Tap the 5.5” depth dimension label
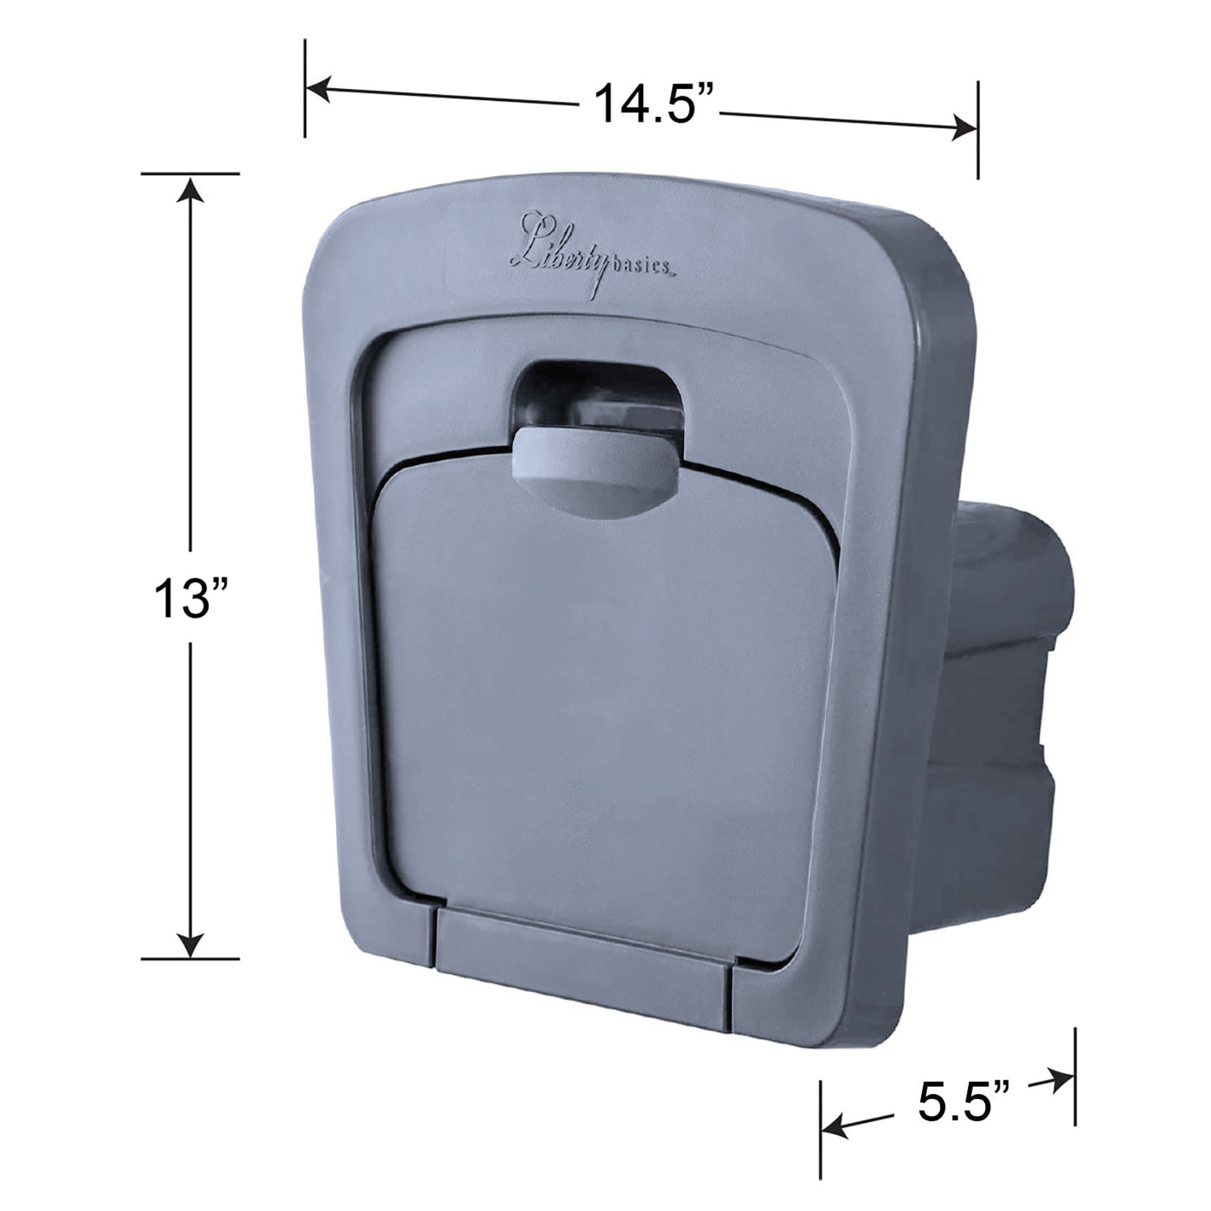pyautogui.click(x=964, y=1101)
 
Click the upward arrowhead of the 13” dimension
pyautogui.click(x=191, y=190)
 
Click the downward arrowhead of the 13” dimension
pyautogui.click(x=191, y=945)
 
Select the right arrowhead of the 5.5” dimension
pyautogui.click(x=1061, y=1080)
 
